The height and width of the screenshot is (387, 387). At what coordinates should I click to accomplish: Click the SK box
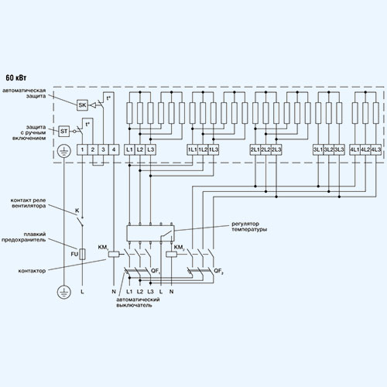[82, 105]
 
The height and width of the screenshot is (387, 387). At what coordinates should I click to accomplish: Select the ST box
[63, 132]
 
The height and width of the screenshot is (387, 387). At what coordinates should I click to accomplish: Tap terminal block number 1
[82, 149]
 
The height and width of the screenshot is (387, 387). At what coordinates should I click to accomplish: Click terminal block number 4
[114, 149]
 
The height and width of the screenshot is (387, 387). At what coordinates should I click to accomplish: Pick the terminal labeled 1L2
[203, 149]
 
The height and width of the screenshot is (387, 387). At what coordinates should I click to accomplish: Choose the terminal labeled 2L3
[276, 149]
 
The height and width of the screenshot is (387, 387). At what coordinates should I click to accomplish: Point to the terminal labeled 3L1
[318, 149]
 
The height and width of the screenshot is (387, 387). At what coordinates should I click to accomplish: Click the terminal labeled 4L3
[376, 149]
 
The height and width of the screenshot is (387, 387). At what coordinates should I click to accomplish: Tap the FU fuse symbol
[82, 254]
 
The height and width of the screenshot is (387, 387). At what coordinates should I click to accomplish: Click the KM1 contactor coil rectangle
[114, 254]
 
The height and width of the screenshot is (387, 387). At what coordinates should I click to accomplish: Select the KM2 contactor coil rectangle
[171, 254]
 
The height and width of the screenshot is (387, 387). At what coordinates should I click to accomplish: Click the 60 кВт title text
[16, 77]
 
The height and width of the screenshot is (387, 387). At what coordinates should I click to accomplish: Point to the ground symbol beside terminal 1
[63, 151]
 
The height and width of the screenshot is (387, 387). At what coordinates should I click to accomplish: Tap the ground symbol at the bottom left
[63, 292]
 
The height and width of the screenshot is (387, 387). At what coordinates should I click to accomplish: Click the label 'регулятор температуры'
[249, 227]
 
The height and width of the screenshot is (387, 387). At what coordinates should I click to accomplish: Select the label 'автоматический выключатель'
[138, 303]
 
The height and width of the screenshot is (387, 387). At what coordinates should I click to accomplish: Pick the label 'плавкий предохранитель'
[24, 237]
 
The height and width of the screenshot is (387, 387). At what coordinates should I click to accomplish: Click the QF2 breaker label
[218, 271]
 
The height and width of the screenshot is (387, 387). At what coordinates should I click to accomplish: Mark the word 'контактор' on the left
[32, 271]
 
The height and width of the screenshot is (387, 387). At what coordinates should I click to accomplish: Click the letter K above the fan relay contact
[77, 211]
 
